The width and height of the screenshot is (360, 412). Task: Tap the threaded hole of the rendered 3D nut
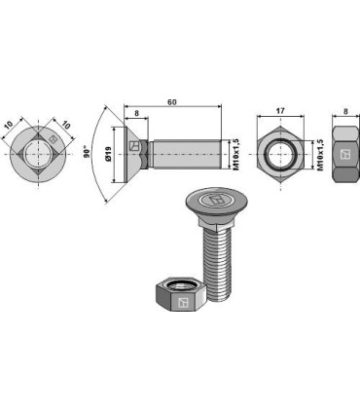(x=177, y=283)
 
